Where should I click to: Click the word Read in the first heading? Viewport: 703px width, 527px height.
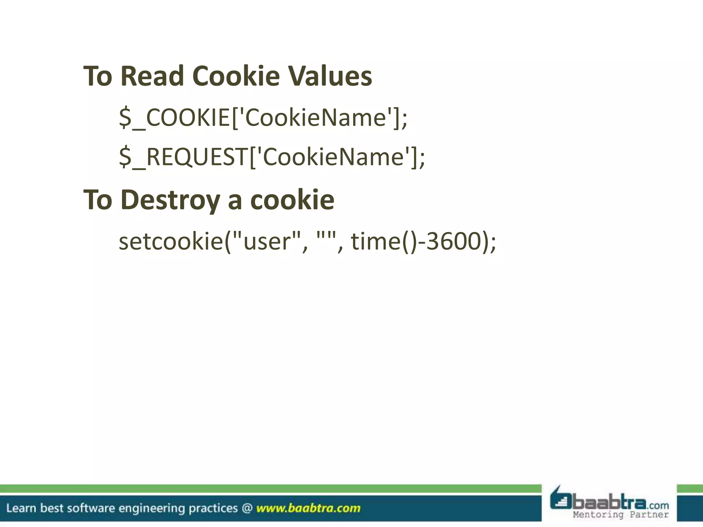tap(152, 76)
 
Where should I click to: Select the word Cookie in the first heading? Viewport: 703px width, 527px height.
tap(236, 76)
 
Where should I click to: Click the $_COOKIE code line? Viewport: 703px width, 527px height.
tap(263, 118)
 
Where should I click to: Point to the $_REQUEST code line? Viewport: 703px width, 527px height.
tap(272, 157)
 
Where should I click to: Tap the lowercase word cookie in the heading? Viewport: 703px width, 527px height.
tap(292, 200)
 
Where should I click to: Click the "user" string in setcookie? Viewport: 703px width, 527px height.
tap(266, 241)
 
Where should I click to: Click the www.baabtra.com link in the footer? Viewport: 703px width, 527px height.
tap(308, 508)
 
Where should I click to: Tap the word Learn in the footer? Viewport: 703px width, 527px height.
tap(21, 508)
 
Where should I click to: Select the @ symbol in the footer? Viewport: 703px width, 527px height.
tap(247, 508)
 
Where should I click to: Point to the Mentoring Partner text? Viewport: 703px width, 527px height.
tap(620, 515)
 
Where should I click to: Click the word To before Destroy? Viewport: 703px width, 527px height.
tap(98, 200)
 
